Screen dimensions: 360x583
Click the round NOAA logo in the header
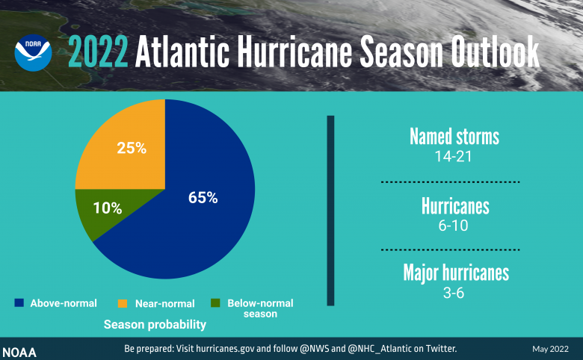(x=33, y=51)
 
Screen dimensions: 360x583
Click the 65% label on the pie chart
(x=203, y=198)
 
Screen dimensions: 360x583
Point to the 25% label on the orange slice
(x=132, y=147)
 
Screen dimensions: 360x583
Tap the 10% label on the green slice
(x=108, y=208)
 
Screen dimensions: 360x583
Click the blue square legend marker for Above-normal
(x=19, y=303)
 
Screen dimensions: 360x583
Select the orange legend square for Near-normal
(x=123, y=303)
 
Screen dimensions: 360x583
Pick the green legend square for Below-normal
(x=216, y=303)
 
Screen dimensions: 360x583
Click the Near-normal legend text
(x=165, y=304)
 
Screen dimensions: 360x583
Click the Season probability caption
(x=155, y=326)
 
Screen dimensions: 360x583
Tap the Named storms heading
(x=454, y=137)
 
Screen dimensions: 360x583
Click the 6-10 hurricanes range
(x=454, y=225)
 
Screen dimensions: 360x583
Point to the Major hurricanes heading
(x=456, y=273)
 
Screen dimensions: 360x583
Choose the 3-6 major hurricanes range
(x=454, y=293)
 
